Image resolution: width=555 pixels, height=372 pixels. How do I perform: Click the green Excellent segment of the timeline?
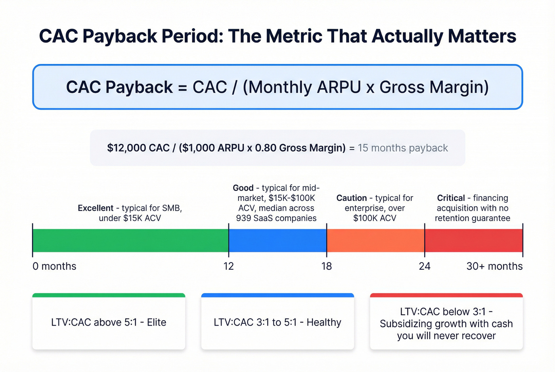tap(130, 240)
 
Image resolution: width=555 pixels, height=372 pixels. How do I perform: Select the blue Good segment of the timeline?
tap(277, 240)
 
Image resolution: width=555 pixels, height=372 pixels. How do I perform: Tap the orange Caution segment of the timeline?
tap(375, 240)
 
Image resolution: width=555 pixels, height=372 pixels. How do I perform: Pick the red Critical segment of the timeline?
tap(473, 240)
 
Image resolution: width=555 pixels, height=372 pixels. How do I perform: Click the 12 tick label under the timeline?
tap(229, 266)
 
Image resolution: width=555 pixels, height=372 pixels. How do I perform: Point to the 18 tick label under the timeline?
tap(327, 266)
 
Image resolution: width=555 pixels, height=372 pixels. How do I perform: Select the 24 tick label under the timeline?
tap(425, 266)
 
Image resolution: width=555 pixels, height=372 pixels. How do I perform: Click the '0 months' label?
tap(54, 266)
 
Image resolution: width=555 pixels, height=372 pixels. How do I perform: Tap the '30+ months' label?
tap(494, 266)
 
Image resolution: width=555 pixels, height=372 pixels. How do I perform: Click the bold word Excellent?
tap(96, 208)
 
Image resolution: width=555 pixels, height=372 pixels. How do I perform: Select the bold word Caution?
tap(352, 198)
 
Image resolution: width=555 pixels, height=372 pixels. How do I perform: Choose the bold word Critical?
tap(451, 198)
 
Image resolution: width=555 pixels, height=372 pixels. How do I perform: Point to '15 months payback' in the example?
tap(403, 148)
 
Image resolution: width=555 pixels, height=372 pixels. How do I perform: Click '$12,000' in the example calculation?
tap(121, 148)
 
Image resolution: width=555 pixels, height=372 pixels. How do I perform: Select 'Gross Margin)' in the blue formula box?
tap(434, 87)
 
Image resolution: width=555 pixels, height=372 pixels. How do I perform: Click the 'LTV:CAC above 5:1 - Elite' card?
tap(109, 322)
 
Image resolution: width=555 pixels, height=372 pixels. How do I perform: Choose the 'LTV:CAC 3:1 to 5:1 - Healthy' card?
tap(277, 322)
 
